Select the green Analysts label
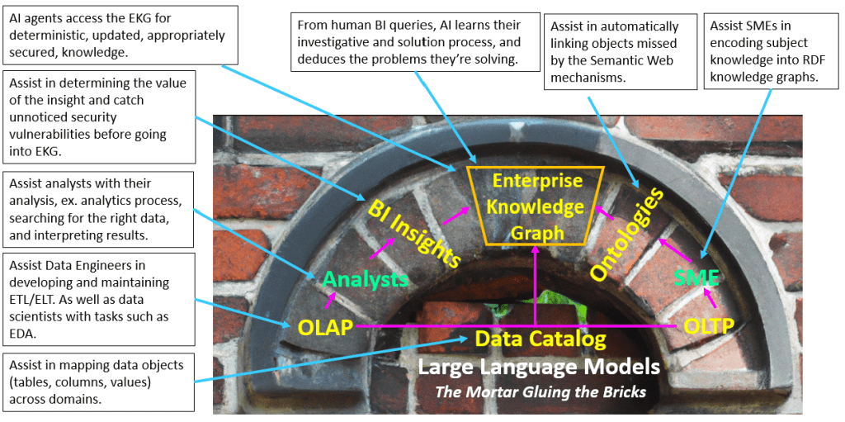(x=366, y=279)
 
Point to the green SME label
(x=696, y=277)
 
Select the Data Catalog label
(x=540, y=339)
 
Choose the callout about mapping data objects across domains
(x=99, y=382)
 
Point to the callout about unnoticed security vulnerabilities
(x=99, y=117)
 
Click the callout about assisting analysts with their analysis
(x=99, y=208)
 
